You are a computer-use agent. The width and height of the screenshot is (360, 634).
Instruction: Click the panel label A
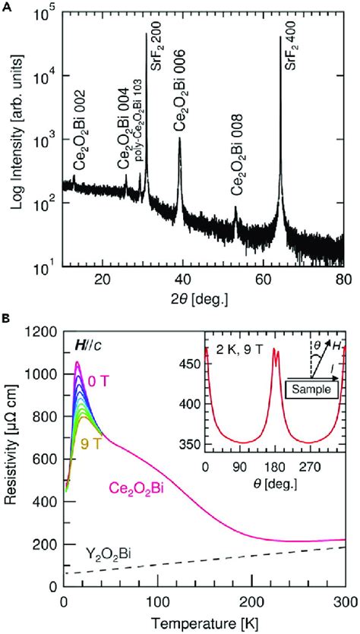pos(6,5)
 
